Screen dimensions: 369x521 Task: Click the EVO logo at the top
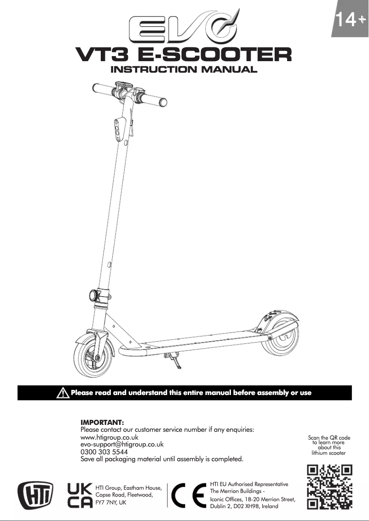tap(184, 30)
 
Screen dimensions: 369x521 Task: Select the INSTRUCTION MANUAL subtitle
tap(184, 70)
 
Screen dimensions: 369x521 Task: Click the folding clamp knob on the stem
tap(94, 294)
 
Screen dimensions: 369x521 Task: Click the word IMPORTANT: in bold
tap(102, 422)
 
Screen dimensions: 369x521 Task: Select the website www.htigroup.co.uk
tap(110, 437)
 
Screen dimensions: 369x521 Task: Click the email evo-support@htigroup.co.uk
tap(122, 445)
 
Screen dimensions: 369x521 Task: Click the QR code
tap(329, 487)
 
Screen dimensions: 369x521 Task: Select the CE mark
tap(188, 495)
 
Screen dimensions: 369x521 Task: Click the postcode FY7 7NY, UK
tap(110, 504)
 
